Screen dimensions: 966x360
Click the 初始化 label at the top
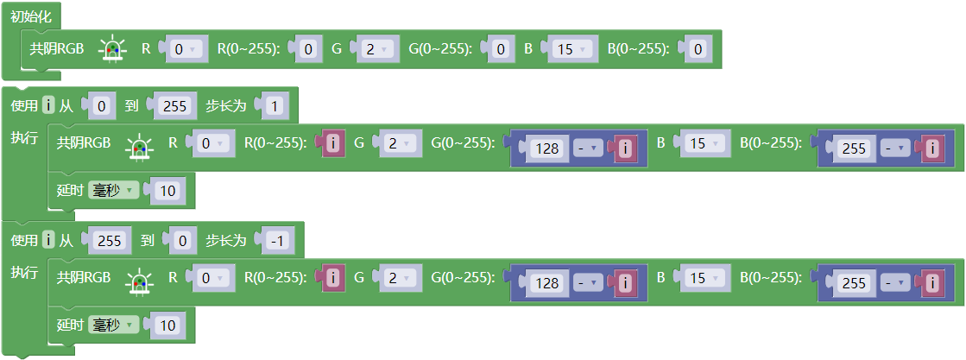(31, 17)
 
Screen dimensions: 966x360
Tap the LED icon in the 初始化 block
(112, 49)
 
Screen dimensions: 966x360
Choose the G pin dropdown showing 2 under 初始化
(376, 49)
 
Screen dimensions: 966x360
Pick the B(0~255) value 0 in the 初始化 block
(698, 49)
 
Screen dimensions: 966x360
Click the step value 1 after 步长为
(275, 107)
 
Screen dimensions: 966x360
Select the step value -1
(279, 241)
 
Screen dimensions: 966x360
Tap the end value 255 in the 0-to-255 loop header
(175, 107)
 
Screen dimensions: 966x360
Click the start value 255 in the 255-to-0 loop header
(110, 241)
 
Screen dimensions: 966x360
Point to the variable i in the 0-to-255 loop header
(48, 106)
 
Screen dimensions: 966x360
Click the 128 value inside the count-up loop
(547, 148)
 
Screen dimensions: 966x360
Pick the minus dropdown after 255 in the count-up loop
(894, 148)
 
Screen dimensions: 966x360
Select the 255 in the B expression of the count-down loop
(855, 283)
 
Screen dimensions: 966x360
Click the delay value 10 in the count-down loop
(167, 325)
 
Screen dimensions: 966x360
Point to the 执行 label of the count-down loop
(25, 272)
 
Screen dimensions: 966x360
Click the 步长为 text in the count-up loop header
(226, 106)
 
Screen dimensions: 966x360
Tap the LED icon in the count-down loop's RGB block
(139, 279)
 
